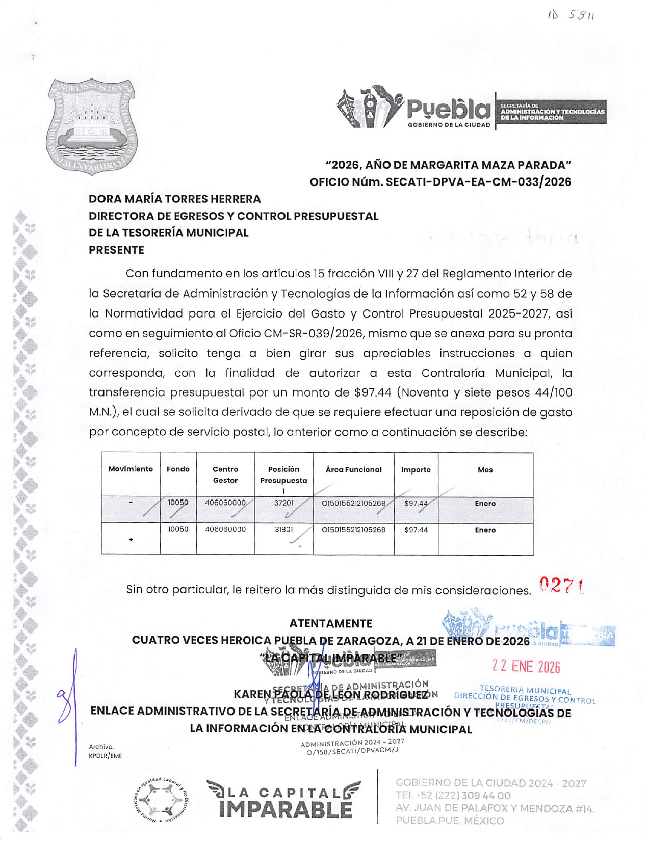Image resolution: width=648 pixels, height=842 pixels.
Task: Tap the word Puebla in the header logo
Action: coord(448,109)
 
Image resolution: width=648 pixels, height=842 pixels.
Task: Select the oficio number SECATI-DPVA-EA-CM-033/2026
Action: coord(478,182)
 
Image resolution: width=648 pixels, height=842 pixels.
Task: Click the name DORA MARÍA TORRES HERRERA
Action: coord(175,199)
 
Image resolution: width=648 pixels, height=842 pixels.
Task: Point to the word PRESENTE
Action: coord(116,250)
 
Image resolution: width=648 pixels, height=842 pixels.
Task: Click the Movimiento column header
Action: coord(131,469)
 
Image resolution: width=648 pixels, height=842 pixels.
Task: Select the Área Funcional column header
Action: coord(353,469)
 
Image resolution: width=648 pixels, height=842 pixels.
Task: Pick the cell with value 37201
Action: coord(284,503)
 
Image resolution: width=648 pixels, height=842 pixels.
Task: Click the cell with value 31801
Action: coord(284,530)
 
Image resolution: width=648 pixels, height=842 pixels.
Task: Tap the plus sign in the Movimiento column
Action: coord(131,539)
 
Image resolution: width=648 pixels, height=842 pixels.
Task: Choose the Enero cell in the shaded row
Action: coord(485,504)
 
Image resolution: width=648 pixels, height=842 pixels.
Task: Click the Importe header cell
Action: coord(416,470)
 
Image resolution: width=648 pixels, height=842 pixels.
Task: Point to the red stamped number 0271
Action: coord(561,586)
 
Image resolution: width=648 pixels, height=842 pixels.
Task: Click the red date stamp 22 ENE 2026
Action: coord(526,667)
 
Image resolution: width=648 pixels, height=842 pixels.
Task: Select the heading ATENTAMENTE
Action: coord(330,623)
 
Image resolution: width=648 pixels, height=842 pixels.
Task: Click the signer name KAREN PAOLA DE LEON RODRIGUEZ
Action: coord(330,694)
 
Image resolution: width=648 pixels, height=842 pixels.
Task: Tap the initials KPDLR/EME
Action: coord(106,756)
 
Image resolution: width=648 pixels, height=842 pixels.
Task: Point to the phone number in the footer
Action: coord(453,796)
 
